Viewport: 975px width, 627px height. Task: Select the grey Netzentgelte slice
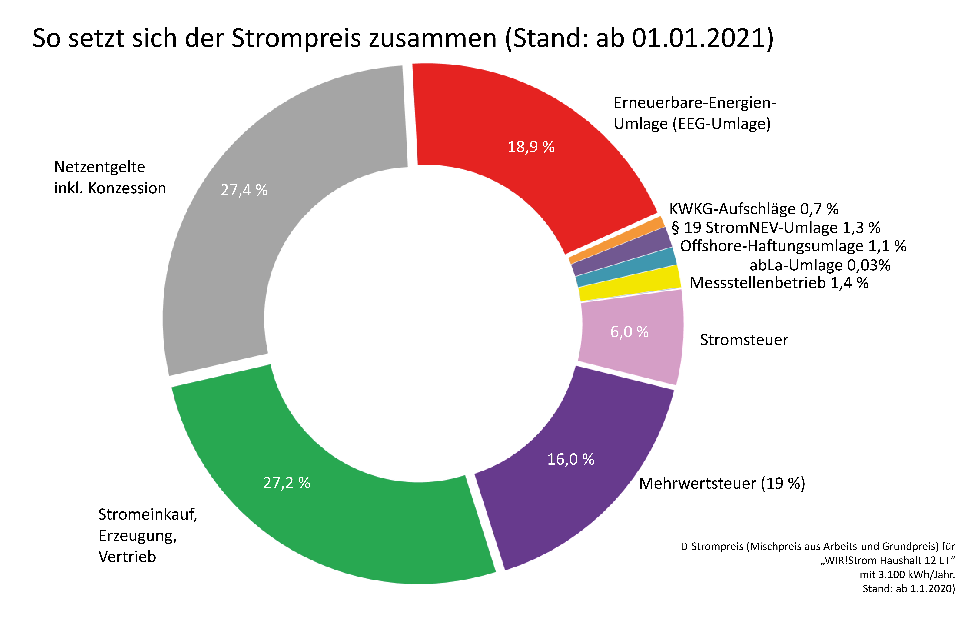pyautogui.click(x=244, y=191)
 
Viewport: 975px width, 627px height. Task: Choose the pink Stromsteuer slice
pyautogui.click(x=631, y=334)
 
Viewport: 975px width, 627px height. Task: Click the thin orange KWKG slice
pyautogui.click(x=616, y=240)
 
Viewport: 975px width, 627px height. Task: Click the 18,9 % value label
pyautogui.click(x=531, y=147)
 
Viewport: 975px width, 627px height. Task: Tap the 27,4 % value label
pyautogui.click(x=244, y=190)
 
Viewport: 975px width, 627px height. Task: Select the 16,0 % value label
pyautogui.click(x=571, y=459)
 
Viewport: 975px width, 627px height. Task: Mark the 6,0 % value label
pyautogui.click(x=630, y=332)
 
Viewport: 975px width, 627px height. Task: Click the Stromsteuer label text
pyautogui.click(x=744, y=340)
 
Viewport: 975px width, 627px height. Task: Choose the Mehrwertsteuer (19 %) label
pyautogui.click(x=722, y=483)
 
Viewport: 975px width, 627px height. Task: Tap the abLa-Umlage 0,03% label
pyautogui.click(x=820, y=265)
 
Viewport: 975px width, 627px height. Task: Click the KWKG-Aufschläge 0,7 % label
pyautogui.click(x=754, y=209)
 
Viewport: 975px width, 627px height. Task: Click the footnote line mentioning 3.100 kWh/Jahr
pyautogui.click(x=907, y=574)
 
